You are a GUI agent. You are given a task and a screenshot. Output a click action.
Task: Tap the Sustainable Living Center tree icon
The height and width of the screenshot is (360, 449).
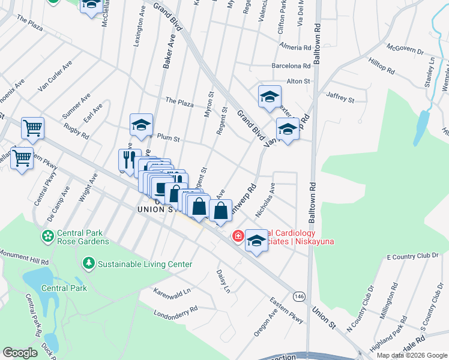tap(89, 263)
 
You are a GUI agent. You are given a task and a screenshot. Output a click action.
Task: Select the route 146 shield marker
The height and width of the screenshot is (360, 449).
tap(298, 296)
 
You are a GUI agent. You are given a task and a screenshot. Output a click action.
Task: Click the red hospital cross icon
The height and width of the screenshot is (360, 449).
tap(238, 236)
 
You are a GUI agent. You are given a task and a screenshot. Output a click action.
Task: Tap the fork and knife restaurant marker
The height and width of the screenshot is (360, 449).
tap(128, 159)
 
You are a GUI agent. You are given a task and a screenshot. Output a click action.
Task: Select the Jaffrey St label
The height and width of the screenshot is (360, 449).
tap(340, 95)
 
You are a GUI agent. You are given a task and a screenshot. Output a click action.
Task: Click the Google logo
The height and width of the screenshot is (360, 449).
tap(20, 352)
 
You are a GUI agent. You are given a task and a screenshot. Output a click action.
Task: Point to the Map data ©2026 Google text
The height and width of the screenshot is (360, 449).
tap(412, 355)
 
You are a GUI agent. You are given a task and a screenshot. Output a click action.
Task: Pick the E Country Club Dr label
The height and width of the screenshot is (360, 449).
tap(413, 257)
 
